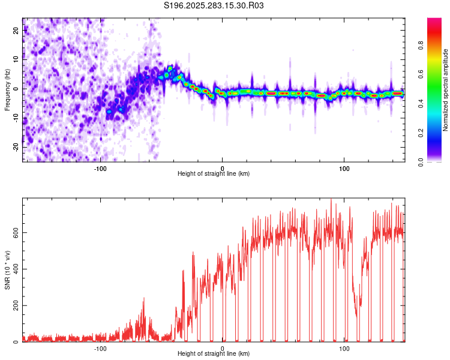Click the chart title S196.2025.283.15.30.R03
click(214, 5)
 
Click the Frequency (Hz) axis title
click(7, 89)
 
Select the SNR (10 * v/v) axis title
click(7, 269)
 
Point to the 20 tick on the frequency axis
click(16, 30)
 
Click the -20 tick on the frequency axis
click(16, 147)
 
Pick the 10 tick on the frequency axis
click(16, 59)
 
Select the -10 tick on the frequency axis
click(16, 118)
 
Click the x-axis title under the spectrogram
click(214, 174)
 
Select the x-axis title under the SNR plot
click(214, 354)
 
